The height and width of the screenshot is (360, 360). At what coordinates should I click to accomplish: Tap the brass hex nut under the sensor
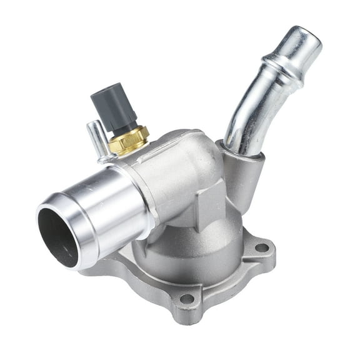point(127,140)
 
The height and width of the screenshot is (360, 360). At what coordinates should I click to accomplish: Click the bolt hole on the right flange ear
point(262,248)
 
